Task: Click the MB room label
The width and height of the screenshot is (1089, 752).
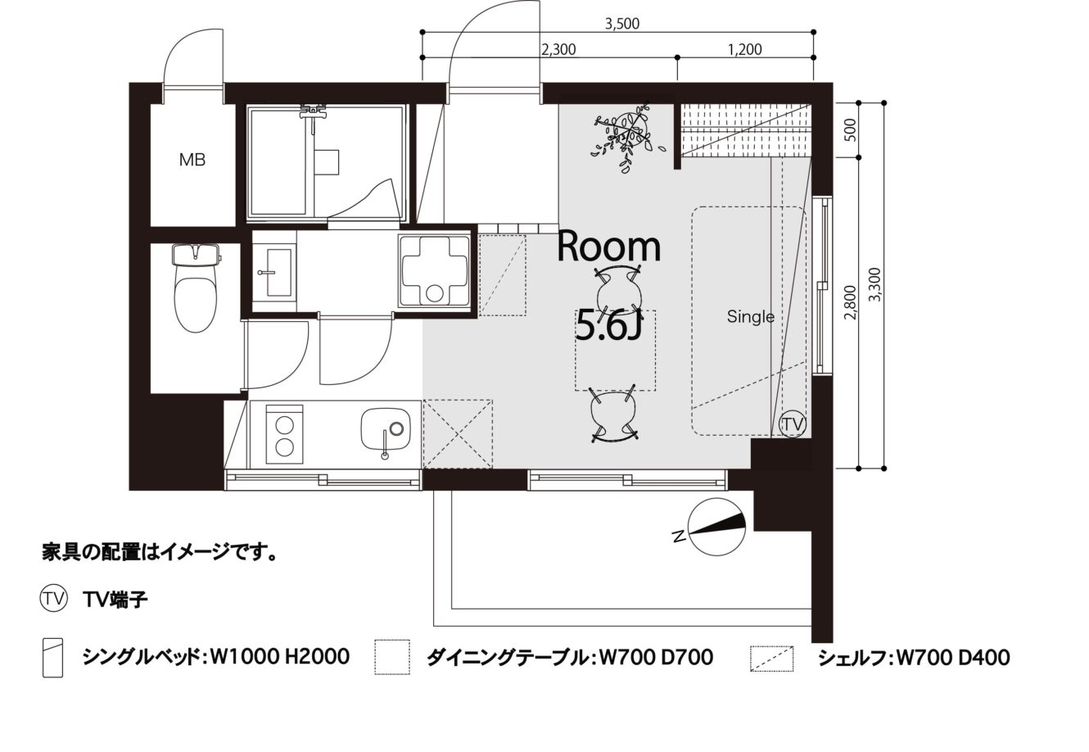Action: coord(192,160)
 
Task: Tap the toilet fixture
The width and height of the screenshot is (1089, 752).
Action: coord(196,288)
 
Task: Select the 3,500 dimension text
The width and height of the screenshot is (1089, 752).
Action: coord(621,24)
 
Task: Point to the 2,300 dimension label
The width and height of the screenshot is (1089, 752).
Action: coord(558,50)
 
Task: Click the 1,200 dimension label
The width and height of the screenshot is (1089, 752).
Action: coord(745,50)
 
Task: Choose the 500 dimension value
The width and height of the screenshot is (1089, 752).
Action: coord(850,130)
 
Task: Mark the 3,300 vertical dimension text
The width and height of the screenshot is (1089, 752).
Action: coord(876,284)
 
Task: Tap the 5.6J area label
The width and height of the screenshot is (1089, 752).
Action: coord(609,324)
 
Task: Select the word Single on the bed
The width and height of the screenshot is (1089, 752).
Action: coord(751,317)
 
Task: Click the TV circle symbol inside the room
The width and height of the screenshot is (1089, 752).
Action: coord(793,424)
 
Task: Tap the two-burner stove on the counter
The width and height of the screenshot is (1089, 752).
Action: coord(284,434)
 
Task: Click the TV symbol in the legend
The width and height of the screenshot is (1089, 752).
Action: coord(53,600)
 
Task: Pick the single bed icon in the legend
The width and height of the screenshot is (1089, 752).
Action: coord(52,658)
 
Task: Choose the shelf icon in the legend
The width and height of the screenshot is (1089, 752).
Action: coord(771,659)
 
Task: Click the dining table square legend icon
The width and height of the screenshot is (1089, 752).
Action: coord(392,657)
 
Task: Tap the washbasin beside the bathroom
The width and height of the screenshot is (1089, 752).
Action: coord(274,273)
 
